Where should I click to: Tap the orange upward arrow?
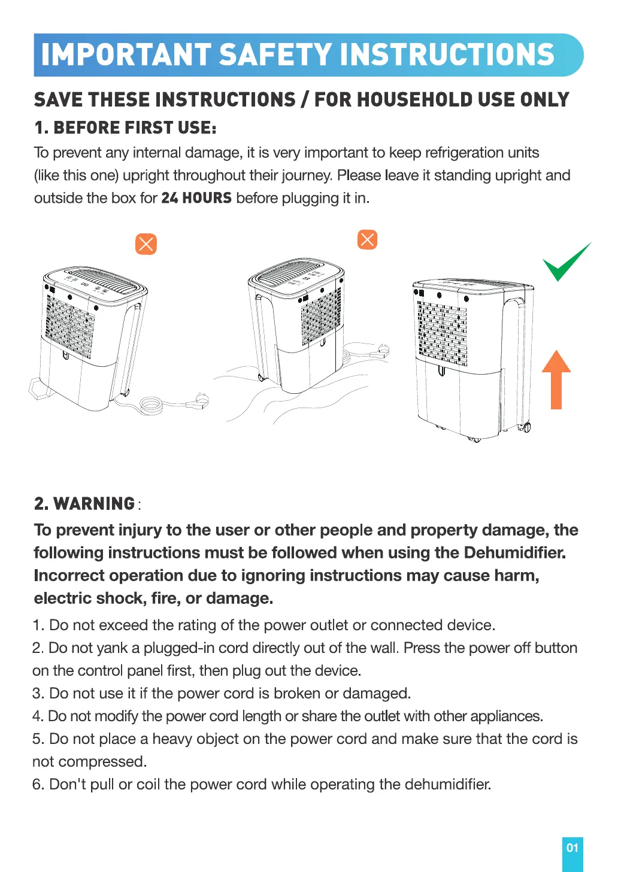(x=556, y=379)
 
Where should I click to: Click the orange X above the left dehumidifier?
(x=146, y=244)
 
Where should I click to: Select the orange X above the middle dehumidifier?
(x=367, y=239)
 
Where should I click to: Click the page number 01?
(x=572, y=847)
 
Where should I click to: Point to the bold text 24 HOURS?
(x=196, y=198)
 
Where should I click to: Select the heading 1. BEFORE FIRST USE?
(x=125, y=127)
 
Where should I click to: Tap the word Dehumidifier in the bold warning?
(x=514, y=552)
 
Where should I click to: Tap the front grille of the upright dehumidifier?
(x=442, y=333)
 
